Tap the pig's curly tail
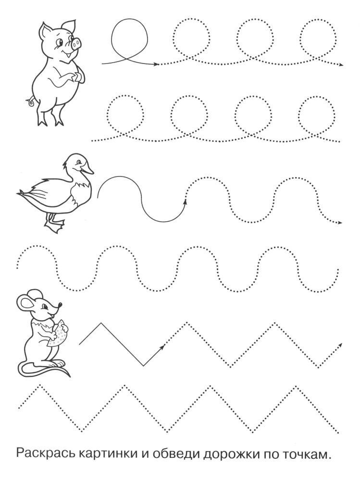point(31,101)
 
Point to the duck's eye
point(79,161)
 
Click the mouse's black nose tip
point(60,304)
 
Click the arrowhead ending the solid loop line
point(156,64)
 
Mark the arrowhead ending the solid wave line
point(185,201)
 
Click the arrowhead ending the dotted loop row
point(341,65)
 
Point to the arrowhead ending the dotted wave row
point(340,223)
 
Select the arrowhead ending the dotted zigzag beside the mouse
point(340,345)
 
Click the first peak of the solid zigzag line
point(100,323)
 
